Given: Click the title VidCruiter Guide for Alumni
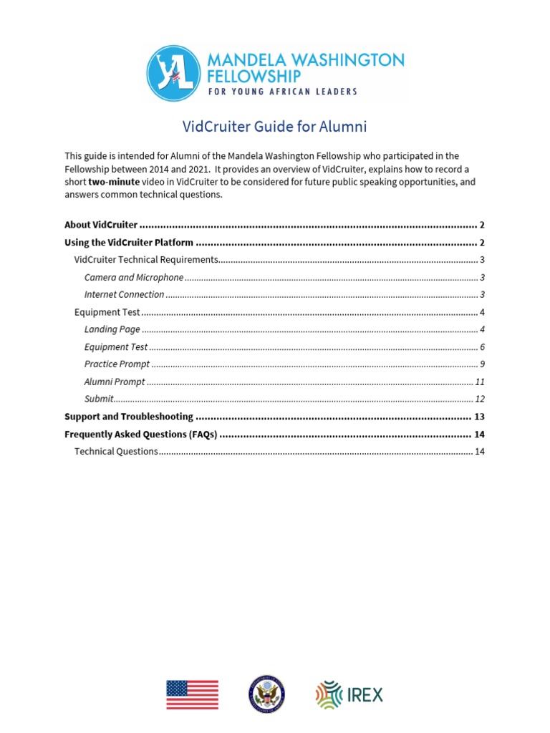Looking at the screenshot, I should point(275,127).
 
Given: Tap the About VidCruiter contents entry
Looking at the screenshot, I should point(101,225).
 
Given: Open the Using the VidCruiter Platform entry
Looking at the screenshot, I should point(128,243).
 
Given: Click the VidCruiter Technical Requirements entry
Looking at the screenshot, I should point(146,260).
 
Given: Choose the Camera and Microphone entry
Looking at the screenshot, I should point(133,277).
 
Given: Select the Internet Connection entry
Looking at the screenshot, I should point(124,294).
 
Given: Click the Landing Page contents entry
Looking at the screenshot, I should point(112,329).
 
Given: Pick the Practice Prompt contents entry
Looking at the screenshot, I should point(117,364).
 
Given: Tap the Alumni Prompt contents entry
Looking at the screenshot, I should point(115,382).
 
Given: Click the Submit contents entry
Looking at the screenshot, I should point(99,399).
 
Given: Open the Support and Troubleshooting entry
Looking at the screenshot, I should point(129,417).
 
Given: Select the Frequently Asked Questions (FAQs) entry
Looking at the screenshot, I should point(140,435).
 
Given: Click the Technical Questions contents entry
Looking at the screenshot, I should point(116,451).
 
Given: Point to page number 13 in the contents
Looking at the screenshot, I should point(479,417).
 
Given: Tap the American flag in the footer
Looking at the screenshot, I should point(192,694).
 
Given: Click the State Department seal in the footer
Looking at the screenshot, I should point(266,694).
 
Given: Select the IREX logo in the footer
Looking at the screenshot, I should point(349,694).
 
